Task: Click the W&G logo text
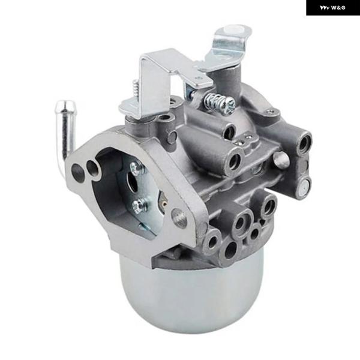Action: pos(332,8)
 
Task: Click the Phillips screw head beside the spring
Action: pos(229,106)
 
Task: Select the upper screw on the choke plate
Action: pos(136,166)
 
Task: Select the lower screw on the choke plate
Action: pos(139,205)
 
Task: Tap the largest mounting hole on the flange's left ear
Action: pos(77,170)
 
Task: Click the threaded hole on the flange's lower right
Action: pos(179,218)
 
